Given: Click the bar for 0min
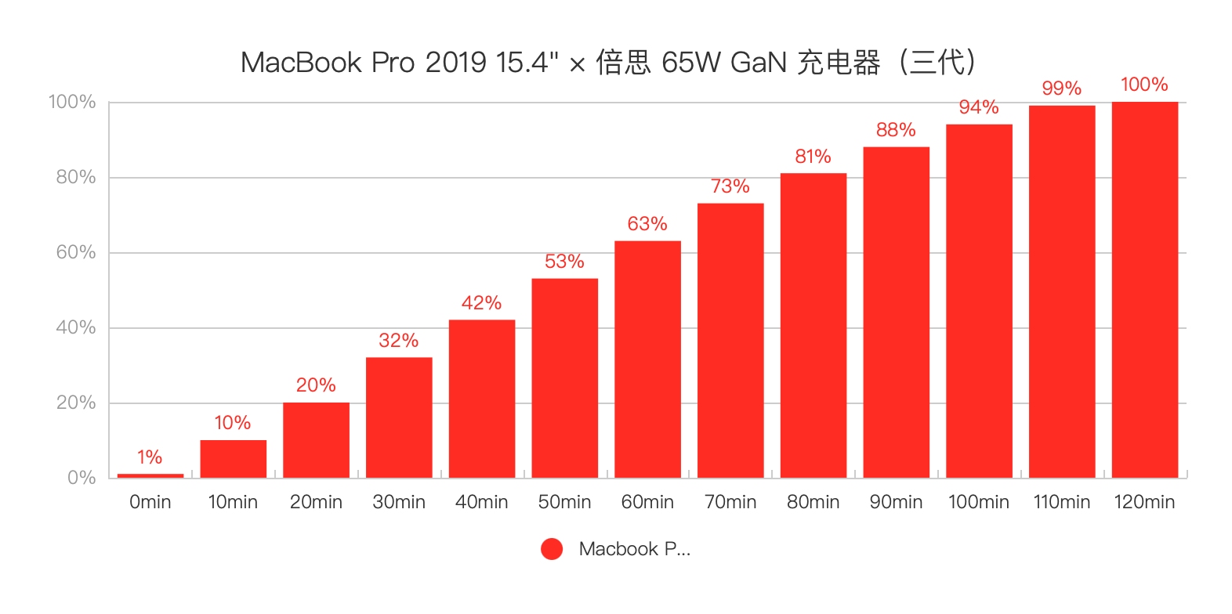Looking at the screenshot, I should coord(150,475).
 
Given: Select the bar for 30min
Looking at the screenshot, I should coord(399,417).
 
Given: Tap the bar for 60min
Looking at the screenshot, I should coord(647,359).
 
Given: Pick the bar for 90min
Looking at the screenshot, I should coord(896,312).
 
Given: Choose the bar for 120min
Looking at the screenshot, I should coord(1144,290).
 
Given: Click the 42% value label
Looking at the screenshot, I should coord(481,303).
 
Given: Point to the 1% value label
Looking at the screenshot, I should coord(150,457).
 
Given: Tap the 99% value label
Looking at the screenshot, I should coord(1061,88).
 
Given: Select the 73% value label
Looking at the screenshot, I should coord(730,186).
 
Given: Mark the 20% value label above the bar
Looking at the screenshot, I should coord(316,385).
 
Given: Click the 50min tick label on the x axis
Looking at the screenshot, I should coord(564,502).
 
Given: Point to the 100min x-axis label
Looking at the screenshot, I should coord(978,502).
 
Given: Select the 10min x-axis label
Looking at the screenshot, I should coord(233,502).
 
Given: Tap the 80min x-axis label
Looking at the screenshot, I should coord(813,502).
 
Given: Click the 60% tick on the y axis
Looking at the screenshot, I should coord(76,252).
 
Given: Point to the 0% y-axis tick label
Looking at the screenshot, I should coord(82,478).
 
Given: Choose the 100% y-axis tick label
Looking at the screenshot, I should coord(72,102).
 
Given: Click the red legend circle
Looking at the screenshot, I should coord(552,549).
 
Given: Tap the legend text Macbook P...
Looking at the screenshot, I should coord(634,549).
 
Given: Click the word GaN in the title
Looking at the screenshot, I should coord(758,63).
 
